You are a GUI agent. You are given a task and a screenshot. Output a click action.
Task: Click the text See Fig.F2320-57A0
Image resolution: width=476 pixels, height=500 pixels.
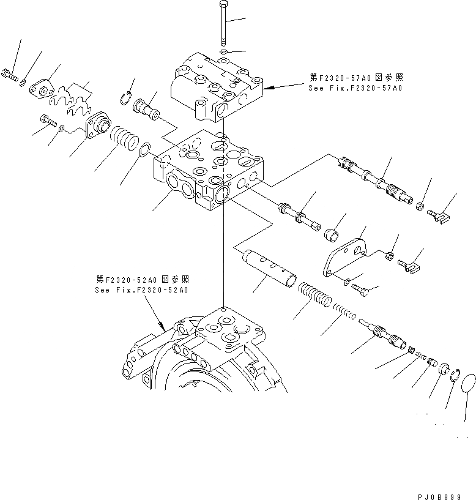tap(355, 88)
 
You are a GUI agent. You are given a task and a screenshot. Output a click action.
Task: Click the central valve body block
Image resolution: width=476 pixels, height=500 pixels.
tap(210, 172)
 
